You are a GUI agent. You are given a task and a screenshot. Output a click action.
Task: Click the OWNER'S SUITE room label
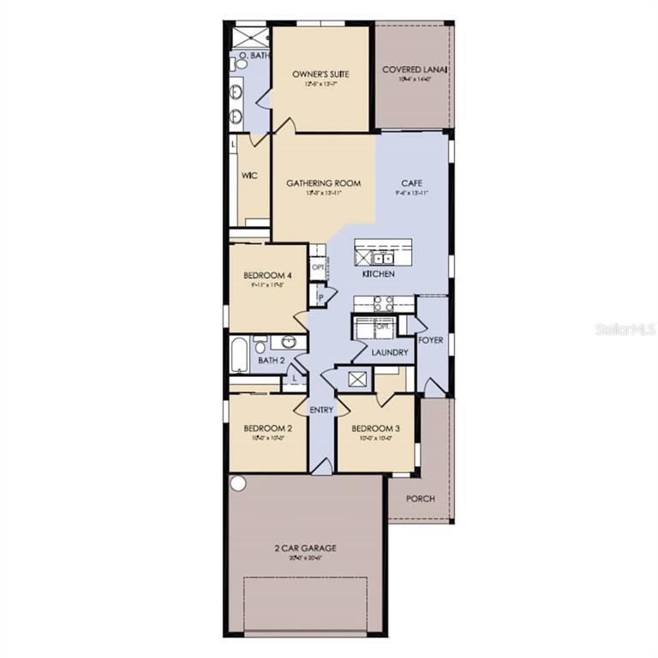pyautogui.click(x=320, y=75)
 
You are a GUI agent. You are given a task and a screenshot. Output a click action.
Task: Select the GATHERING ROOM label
pyautogui.click(x=323, y=182)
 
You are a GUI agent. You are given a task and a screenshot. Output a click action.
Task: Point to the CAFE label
pyautogui.click(x=411, y=182)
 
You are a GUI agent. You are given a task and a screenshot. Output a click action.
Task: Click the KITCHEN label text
pyautogui.click(x=378, y=274)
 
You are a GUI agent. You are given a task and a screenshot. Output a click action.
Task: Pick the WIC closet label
pyautogui.click(x=249, y=176)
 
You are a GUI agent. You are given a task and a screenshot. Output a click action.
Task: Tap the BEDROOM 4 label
pyautogui.click(x=268, y=275)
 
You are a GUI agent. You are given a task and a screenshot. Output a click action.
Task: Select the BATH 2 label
pyautogui.click(x=271, y=361)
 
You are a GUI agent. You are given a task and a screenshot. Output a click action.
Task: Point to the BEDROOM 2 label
pyautogui.click(x=267, y=428)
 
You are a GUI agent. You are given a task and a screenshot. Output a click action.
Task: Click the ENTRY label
pyautogui.click(x=321, y=410)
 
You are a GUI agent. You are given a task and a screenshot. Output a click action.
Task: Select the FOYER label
pyautogui.click(x=430, y=340)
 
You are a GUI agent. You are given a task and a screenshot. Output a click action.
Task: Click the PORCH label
pyautogui.click(x=420, y=499)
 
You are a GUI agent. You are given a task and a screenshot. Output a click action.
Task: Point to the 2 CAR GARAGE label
pyautogui.click(x=305, y=547)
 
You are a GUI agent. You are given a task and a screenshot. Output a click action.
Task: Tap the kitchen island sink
pyautogui.click(x=382, y=256)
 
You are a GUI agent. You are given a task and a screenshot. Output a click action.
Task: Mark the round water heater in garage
pyautogui.click(x=238, y=483)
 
